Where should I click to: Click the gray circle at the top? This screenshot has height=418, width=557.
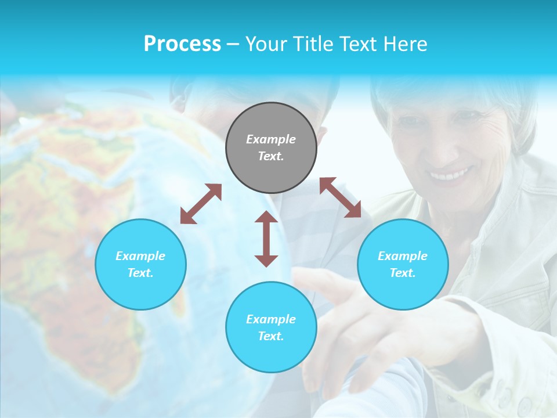271,148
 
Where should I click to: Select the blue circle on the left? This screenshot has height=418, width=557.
140,265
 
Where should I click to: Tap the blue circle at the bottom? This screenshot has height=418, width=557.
271,327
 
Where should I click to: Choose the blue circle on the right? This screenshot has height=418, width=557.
403,265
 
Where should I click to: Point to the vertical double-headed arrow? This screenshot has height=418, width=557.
266,239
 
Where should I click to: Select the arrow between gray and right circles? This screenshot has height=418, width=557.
340,197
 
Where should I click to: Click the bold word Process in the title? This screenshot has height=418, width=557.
182,44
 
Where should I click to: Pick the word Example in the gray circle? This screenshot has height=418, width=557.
271,139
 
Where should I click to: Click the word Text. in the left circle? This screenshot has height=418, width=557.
140,273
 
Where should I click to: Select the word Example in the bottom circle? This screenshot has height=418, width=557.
271,319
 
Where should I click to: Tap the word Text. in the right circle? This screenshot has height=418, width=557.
403,273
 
